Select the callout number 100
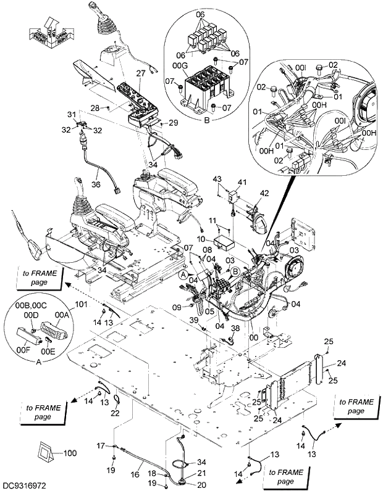[x=70, y=453]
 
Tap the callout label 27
[x=140, y=73]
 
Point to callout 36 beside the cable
[x=96, y=184]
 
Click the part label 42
[x=264, y=193]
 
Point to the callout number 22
[x=114, y=413]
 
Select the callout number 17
[x=101, y=445]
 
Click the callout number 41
[x=242, y=183]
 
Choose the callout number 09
[x=177, y=307]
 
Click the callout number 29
[x=173, y=123]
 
